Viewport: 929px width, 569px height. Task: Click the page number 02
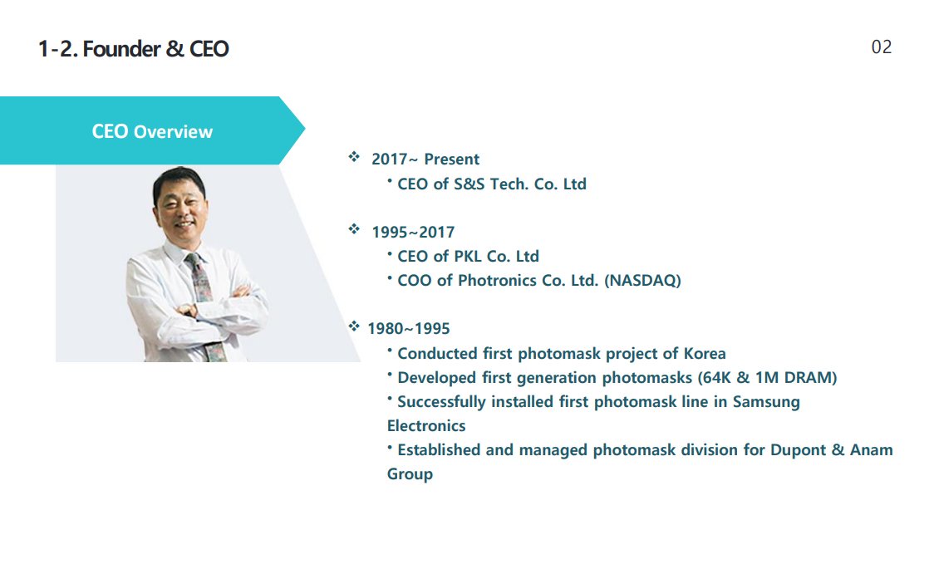(881, 47)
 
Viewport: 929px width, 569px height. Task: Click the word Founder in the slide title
(121, 48)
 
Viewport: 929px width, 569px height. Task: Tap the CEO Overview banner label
(152, 131)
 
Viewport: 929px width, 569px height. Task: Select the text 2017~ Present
(425, 159)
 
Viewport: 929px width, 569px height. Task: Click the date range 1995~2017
(413, 232)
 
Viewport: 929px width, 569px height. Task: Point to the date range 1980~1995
(409, 328)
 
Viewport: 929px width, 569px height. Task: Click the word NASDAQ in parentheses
(643, 280)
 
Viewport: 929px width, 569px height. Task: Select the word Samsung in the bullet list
(766, 402)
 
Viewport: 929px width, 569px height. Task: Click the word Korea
(705, 354)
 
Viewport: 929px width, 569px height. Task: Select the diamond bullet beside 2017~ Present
(354, 156)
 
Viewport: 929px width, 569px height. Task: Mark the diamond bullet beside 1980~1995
(354, 326)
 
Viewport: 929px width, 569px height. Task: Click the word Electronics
(426, 426)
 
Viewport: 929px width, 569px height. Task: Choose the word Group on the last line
(410, 474)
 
